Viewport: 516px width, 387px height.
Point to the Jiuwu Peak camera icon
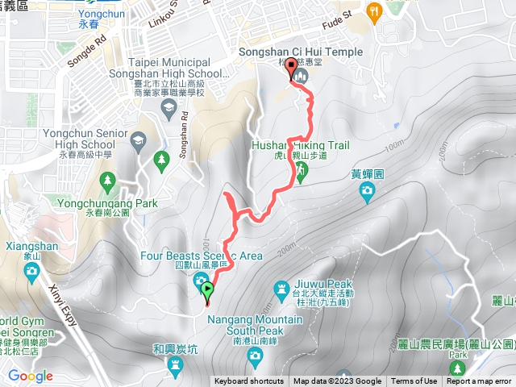[282, 287]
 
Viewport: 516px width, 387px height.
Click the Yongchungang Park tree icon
[161, 160]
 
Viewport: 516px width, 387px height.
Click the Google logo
[30, 376]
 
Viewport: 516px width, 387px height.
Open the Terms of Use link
[414, 381]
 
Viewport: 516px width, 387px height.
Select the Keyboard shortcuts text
[248, 381]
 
